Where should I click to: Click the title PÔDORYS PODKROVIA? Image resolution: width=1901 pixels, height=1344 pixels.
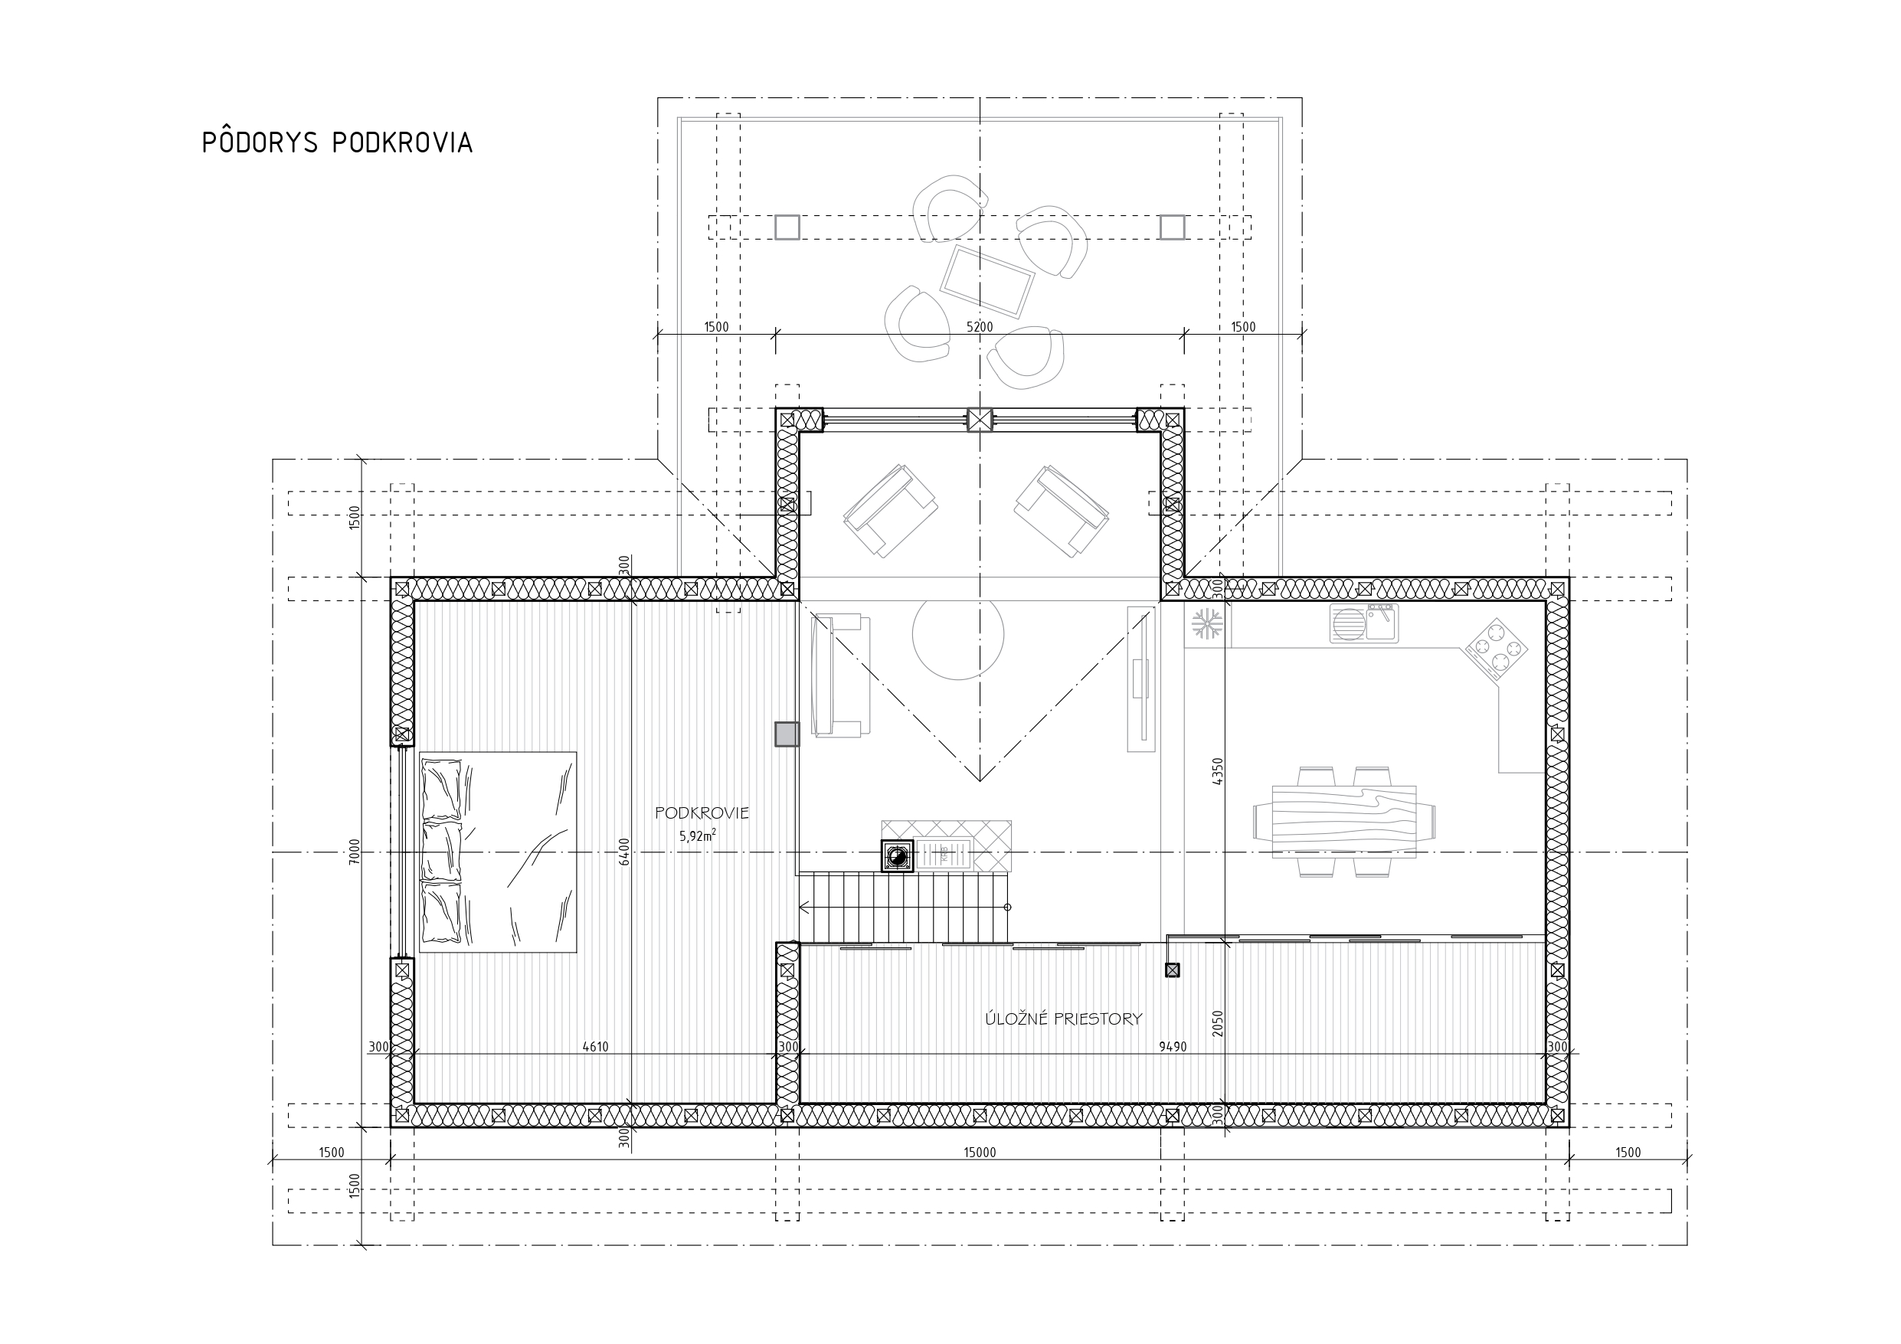(x=337, y=142)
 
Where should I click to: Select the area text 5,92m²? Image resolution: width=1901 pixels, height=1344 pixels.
(x=698, y=836)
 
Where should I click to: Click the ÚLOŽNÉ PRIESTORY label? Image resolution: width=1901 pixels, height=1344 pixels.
(x=1063, y=1019)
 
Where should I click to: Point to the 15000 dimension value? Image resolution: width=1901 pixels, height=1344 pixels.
(x=980, y=1152)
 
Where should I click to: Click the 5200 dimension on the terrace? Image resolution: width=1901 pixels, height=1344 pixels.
(x=980, y=326)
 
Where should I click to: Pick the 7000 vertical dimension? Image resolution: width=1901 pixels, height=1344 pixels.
(x=355, y=852)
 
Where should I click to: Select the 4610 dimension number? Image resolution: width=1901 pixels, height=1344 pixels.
(x=595, y=1047)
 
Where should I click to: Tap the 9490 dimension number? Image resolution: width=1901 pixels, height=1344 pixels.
(x=1173, y=1047)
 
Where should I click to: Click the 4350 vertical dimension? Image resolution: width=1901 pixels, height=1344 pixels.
(x=1217, y=771)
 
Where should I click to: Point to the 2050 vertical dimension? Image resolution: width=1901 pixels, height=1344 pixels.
(x=1217, y=1024)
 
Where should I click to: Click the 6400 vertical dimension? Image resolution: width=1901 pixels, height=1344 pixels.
(x=624, y=852)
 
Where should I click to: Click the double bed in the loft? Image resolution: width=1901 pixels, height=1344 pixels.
(x=498, y=852)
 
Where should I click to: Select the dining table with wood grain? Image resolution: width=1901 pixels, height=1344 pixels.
(x=1343, y=822)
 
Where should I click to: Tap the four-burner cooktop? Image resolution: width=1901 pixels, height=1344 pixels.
(x=1497, y=649)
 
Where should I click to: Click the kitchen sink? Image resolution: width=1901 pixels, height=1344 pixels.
(x=1363, y=623)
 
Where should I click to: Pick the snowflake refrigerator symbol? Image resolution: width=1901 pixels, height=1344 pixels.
(x=1207, y=623)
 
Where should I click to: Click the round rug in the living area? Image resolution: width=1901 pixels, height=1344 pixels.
(x=958, y=634)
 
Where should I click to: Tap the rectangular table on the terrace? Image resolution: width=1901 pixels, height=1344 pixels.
(x=987, y=281)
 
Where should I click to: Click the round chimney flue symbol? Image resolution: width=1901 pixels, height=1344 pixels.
(x=897, y=857)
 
